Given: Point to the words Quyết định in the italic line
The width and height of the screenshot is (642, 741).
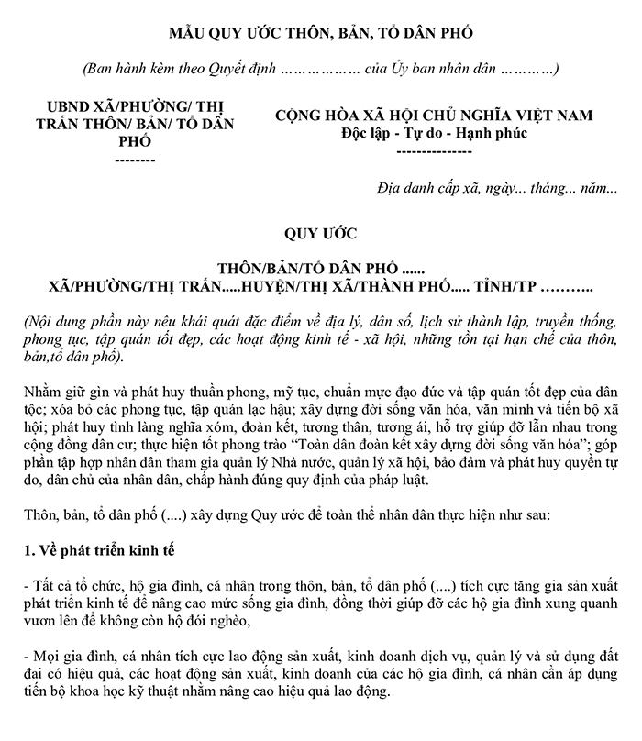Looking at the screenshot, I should pyautogui.click(x=233, y=70).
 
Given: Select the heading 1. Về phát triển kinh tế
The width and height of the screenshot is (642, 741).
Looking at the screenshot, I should pyautogui.click(x=96, y=551).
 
